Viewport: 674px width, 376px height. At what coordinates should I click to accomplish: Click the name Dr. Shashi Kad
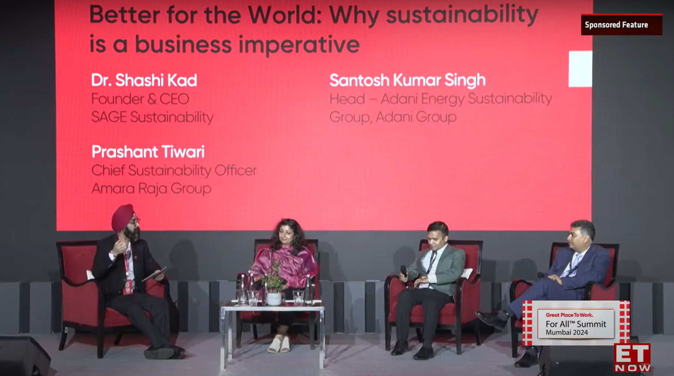[144, 80]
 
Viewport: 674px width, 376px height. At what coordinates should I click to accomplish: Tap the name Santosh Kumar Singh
[407, 80]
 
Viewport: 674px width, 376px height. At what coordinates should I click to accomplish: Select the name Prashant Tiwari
[148, 152]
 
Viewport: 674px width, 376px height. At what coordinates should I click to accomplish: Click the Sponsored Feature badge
[621, 25]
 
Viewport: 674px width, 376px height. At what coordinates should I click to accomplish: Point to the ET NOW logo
[632, 358]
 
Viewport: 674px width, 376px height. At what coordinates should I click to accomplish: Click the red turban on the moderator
[123, 217]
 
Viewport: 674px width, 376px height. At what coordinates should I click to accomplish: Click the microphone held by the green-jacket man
[404, 273]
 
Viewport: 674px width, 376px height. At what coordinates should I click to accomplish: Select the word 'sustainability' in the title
[462, 15]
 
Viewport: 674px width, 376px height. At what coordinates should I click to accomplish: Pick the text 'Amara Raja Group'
[151, 188]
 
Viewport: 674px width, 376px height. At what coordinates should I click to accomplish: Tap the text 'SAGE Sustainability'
[152, 117]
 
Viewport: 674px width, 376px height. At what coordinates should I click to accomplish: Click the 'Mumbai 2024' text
[567, 333]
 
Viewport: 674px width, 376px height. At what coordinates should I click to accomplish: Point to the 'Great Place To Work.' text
[569, 315]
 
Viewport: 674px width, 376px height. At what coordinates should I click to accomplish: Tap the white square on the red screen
[580, 69]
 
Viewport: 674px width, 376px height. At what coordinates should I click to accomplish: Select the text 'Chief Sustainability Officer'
[174, 170]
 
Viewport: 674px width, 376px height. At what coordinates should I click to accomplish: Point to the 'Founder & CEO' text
[140, 99]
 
